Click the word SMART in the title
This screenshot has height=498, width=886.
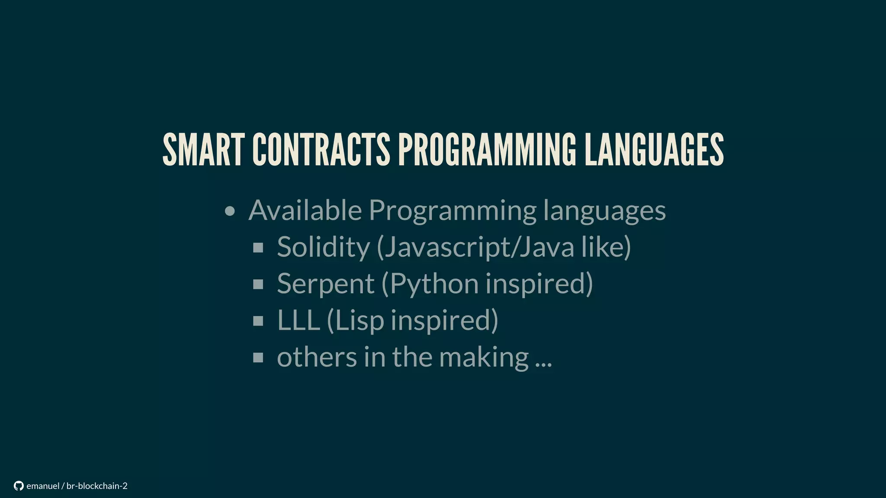203,150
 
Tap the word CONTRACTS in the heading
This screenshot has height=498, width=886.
321,150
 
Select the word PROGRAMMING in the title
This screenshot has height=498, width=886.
487,150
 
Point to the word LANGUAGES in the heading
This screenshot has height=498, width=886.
654,150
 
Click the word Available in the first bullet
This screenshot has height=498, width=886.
305,211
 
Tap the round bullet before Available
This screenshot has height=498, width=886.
230,211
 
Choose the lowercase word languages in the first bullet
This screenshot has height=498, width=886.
604,211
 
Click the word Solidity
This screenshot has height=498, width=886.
323,247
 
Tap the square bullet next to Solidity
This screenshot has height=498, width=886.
258,248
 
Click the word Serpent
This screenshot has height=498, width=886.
325,284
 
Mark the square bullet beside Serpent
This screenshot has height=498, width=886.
258,284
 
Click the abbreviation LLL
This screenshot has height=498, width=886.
298,320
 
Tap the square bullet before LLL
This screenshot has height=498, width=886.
258,321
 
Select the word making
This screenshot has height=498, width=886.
484,358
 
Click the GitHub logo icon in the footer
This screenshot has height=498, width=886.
19,486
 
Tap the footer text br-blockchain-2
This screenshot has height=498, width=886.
97,486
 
